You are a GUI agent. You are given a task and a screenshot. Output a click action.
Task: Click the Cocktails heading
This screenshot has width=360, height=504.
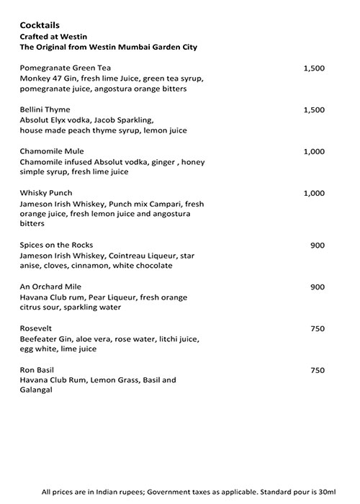tap(40, 24)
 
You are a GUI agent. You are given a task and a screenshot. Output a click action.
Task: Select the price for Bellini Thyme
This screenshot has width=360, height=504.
tap(314, 109)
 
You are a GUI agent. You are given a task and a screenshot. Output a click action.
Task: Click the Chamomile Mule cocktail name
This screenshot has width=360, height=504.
tap(52, 151)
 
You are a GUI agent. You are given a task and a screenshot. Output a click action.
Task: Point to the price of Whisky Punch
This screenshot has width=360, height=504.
tap(314, 193)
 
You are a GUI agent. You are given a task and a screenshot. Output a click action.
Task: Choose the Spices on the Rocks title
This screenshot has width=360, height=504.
tap(57, 245)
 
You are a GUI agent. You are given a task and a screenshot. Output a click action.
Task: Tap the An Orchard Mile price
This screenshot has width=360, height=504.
tap(318, 287)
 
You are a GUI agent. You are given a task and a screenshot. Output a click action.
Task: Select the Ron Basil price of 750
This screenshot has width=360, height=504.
tap(318, 370)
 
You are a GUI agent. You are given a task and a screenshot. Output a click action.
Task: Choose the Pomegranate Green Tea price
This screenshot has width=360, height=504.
tap(314, 68)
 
